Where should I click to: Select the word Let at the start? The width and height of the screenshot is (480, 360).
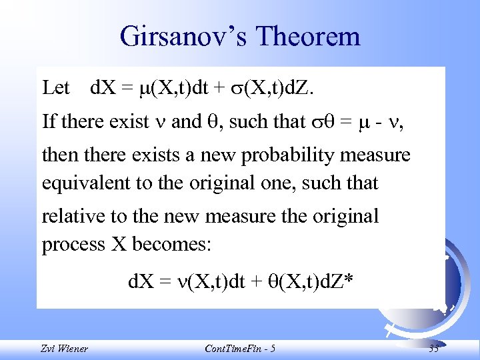(55, 87)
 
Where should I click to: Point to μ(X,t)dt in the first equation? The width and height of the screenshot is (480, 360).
(176, 87)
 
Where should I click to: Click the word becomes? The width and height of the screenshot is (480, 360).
(172, 244)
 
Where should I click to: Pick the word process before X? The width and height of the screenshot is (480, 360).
(69, 244)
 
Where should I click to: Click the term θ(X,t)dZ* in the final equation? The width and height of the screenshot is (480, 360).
(305, 283)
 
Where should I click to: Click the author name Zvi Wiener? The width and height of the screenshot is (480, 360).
(64, 349)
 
